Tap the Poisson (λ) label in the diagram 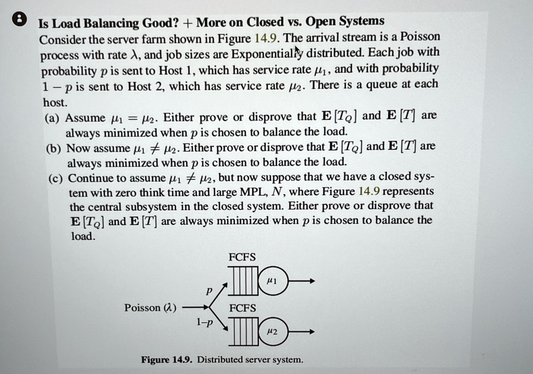pos(150,308)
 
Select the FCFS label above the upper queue pos(242,257)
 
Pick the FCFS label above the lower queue pos(242,308)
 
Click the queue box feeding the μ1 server pos(242,281)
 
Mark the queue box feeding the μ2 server pos(242,331)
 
